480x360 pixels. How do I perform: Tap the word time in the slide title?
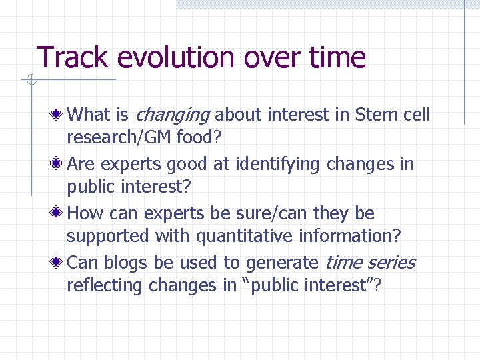337,57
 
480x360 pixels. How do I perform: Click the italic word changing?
172,115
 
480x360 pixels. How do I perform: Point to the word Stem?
377,115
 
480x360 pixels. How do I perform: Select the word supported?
109,237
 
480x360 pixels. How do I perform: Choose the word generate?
282,263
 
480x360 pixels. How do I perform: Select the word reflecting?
105,286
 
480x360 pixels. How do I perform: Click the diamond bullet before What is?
59,115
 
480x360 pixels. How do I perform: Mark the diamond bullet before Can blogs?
59,263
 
